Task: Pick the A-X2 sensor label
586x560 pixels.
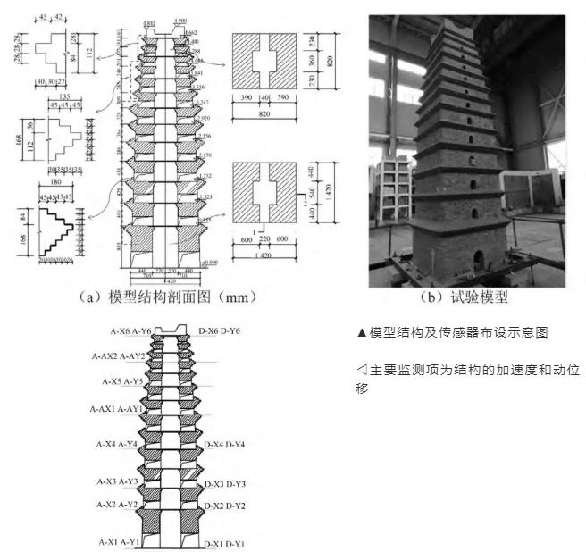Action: click(x=108, y=505)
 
